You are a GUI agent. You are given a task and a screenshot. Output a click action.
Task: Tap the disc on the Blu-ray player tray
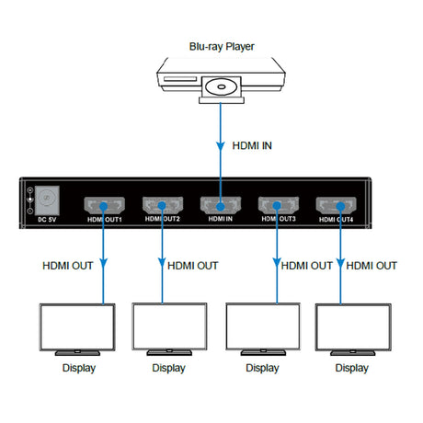[x=222, y=89]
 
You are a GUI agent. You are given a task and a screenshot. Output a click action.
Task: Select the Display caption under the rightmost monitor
[x=350, y=368]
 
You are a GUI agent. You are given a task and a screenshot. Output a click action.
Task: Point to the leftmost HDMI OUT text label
[x=68, y=266]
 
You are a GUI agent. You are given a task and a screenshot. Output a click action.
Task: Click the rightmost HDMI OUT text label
[x=372, y=266]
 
